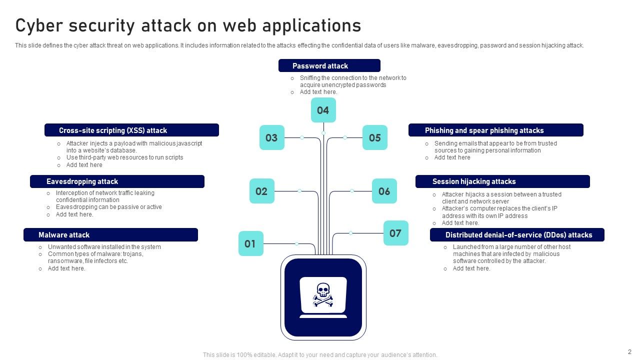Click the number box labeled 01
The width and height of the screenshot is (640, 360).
[250, 243]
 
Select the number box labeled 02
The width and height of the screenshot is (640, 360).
[261, 191]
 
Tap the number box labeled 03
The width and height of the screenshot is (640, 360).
[271, 137]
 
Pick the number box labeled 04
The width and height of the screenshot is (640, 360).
[323, 110]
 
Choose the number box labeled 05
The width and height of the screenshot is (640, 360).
[374, 137]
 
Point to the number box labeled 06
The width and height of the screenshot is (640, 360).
[384, 191]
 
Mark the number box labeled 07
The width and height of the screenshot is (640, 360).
[395, 233]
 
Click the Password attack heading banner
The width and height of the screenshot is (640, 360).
[329, 65]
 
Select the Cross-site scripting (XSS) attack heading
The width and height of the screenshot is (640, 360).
[131, 130]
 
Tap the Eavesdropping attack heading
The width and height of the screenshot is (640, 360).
[117, 181]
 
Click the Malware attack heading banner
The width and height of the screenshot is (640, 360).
[110, 234]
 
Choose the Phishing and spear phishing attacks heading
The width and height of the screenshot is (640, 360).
[495, 130]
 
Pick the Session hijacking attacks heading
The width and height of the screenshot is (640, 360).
[502, 181]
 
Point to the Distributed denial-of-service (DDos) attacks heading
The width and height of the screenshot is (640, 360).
[517, 234]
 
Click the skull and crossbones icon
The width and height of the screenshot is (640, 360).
[323, 294]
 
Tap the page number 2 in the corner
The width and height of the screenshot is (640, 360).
[629, 351]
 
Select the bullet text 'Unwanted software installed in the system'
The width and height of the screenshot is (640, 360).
[104, 246]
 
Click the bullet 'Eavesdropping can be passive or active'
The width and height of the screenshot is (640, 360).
[108, 207]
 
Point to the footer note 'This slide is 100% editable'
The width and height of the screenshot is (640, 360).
[320, 355]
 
